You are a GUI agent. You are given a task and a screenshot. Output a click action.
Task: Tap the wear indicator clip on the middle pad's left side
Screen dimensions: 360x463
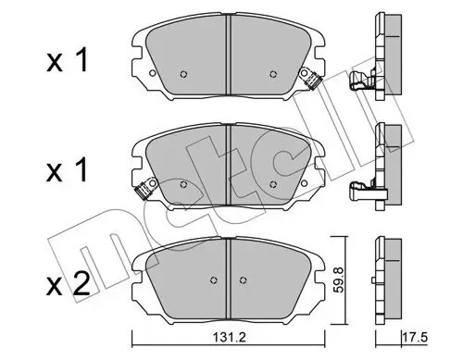click(142, 193)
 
